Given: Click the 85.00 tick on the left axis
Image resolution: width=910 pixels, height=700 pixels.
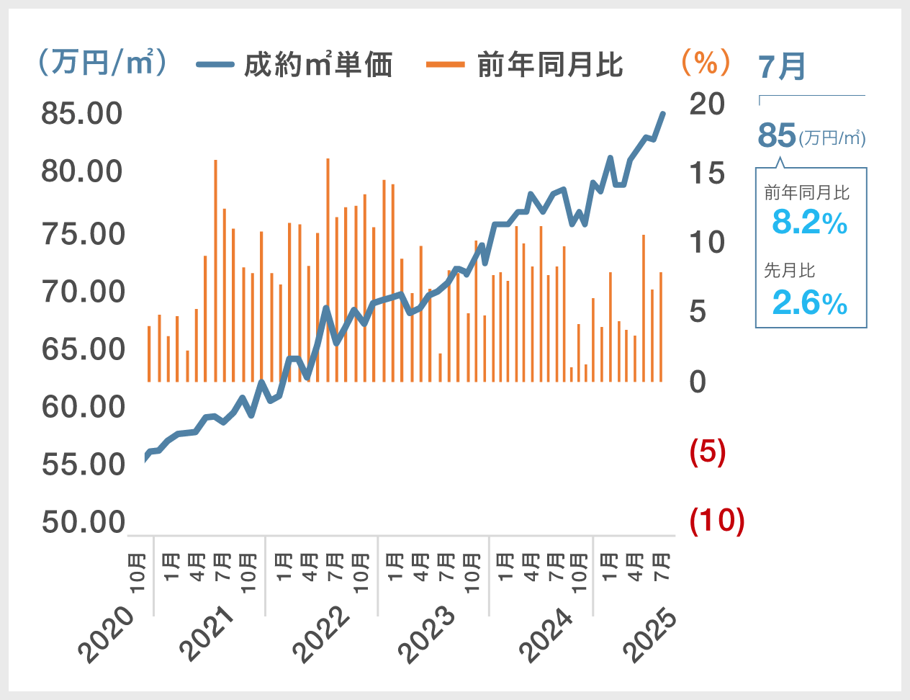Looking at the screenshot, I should (82, 114).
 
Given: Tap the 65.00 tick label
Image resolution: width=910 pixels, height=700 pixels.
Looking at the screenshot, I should (83, 349).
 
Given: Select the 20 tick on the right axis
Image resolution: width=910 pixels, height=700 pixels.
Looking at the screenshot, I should (707, 104).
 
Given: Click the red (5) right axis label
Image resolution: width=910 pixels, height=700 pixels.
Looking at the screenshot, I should (708, 452).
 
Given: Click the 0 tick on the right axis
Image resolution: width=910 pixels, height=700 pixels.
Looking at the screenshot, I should (698, 382).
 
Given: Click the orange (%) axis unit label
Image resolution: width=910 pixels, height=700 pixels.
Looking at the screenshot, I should (706, 63).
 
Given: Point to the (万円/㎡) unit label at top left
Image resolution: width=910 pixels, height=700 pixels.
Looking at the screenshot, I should (102, 63).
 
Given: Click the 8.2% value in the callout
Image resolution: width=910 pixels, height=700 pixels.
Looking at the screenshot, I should (810, 222).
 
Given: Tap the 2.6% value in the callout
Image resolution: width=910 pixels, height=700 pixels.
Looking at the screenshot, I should (810, 303).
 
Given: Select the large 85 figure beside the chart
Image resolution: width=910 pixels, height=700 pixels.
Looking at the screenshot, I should (777, 135).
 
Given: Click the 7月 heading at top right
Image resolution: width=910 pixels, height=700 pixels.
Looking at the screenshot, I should (782, 67).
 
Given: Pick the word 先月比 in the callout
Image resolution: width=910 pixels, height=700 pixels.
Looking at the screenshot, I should (790, 271).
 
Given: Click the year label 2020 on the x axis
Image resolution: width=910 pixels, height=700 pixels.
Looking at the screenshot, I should (107, 634).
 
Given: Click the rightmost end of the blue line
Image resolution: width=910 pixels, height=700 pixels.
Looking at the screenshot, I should (662, 114).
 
